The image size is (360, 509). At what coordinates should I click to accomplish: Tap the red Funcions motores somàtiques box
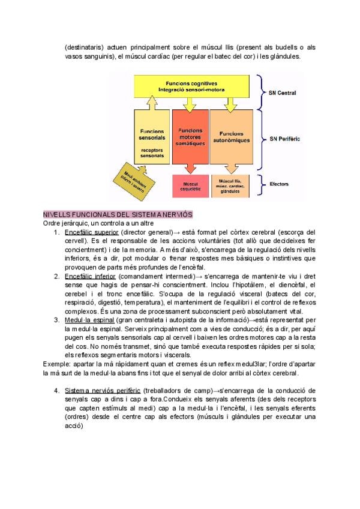point(190,137)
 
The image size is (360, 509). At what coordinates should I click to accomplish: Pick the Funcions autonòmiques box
point(230,137)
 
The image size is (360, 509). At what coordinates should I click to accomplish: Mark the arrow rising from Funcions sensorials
point(152,104)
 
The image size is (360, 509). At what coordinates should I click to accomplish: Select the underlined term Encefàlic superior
point(91,232)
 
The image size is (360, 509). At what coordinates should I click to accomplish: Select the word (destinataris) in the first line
point(84,47)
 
